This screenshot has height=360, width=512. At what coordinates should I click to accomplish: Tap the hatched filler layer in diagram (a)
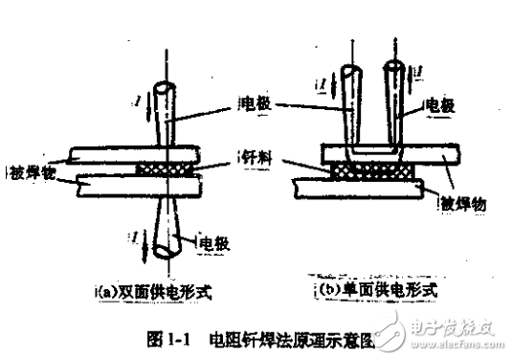coord(168,168)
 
